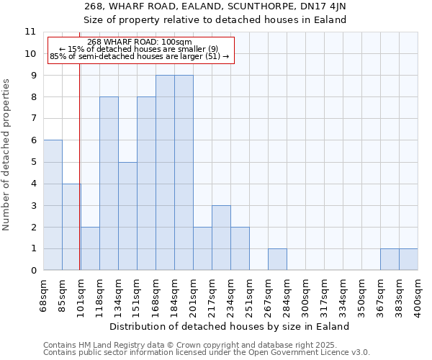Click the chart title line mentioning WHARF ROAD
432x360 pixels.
pyautogui.click(x=230, y=6)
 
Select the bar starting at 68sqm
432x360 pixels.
pyautogui.click(x=53, y=205)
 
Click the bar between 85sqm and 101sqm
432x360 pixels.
pyautogui.click(x=71, y=227)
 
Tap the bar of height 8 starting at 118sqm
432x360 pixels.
pyautogui.click(x=109, y=184)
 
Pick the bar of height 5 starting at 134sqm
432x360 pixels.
pyautogui.click(x=127, y=216)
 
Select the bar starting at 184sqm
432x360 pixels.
pyautogui.click(x=184, y=173)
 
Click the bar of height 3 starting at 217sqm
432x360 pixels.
pyautogui.click(x=221, y=238)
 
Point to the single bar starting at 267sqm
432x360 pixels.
pyautogui.click(x=277, y=259)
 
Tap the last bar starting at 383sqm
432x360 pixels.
pyautogui.click(x=408, y=259)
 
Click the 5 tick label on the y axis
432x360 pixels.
pyautogui.click(x=33, y=162)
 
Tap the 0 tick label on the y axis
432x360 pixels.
pyautogui.click(x=33, y=271)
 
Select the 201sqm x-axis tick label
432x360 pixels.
pyautogui.click(x=194, y=294)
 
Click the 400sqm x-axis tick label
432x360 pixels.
pyautogui.click(x=418, y=294)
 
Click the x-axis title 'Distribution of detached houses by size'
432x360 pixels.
pyautogui.click(x=230, y=326)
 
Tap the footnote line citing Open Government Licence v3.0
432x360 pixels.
pyautogui.click(x=207, y=353)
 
